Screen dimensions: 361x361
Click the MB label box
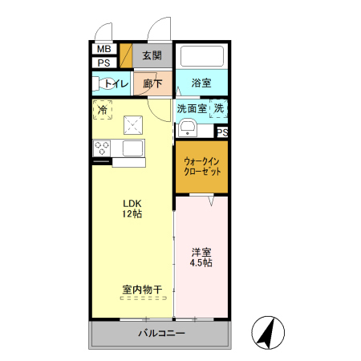click(104, 49)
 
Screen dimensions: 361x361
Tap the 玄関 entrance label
click(152, 55)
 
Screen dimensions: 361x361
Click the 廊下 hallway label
click(152, 83)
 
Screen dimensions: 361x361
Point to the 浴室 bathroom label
click(201, 83)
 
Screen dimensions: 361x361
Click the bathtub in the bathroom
click(201, 56)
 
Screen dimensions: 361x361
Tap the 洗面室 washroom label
click(191, 108)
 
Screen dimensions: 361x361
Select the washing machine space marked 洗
click(219, 108)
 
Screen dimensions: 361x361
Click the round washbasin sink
click(187, 127)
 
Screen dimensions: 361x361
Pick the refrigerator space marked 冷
click(103, 108)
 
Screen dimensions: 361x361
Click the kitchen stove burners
click(103, 148)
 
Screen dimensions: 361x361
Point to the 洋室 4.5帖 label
click(201, 257)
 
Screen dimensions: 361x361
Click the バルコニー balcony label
click(160, 332)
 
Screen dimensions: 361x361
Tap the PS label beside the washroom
click(221, 132)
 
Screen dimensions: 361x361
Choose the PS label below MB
click(104, 63)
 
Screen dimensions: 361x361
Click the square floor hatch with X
click(132, 125)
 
